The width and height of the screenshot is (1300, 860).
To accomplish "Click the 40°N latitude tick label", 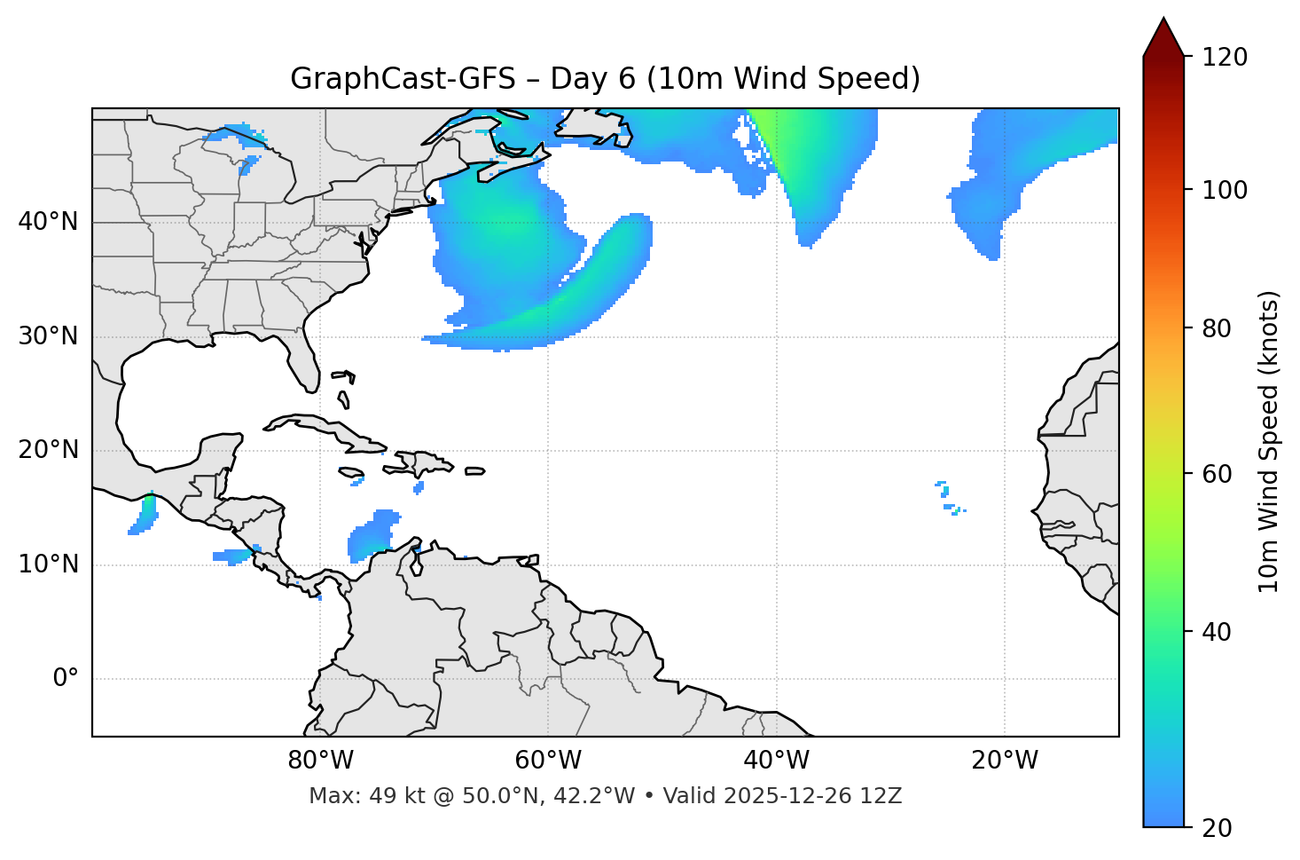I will pos(48,222).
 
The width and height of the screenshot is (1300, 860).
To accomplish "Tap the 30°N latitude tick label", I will pos(48,336).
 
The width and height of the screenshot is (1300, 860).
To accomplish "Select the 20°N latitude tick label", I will pos(48,450).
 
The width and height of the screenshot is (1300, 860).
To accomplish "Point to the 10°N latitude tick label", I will pos(48,564).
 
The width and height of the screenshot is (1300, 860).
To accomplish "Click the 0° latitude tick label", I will pos(66,679).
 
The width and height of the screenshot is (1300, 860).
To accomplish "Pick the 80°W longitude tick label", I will pos(320,761).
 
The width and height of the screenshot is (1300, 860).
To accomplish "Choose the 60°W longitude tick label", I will pos(548,761).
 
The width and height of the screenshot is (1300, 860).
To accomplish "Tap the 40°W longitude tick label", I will pos(776,761).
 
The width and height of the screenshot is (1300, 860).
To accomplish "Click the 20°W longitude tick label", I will pos(1005,761).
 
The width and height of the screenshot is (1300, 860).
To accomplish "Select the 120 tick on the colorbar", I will pos(1225,58).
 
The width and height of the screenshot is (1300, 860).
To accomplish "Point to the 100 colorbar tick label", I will pos(1225,190).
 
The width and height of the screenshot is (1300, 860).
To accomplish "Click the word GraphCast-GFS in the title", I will pos(403,79).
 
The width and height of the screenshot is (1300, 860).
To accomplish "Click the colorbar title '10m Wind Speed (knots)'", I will pos(1269,441).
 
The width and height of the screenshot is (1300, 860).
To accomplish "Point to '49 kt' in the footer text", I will pos(387,796).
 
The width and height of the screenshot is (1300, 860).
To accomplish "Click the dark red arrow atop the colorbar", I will pos(1163,38).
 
